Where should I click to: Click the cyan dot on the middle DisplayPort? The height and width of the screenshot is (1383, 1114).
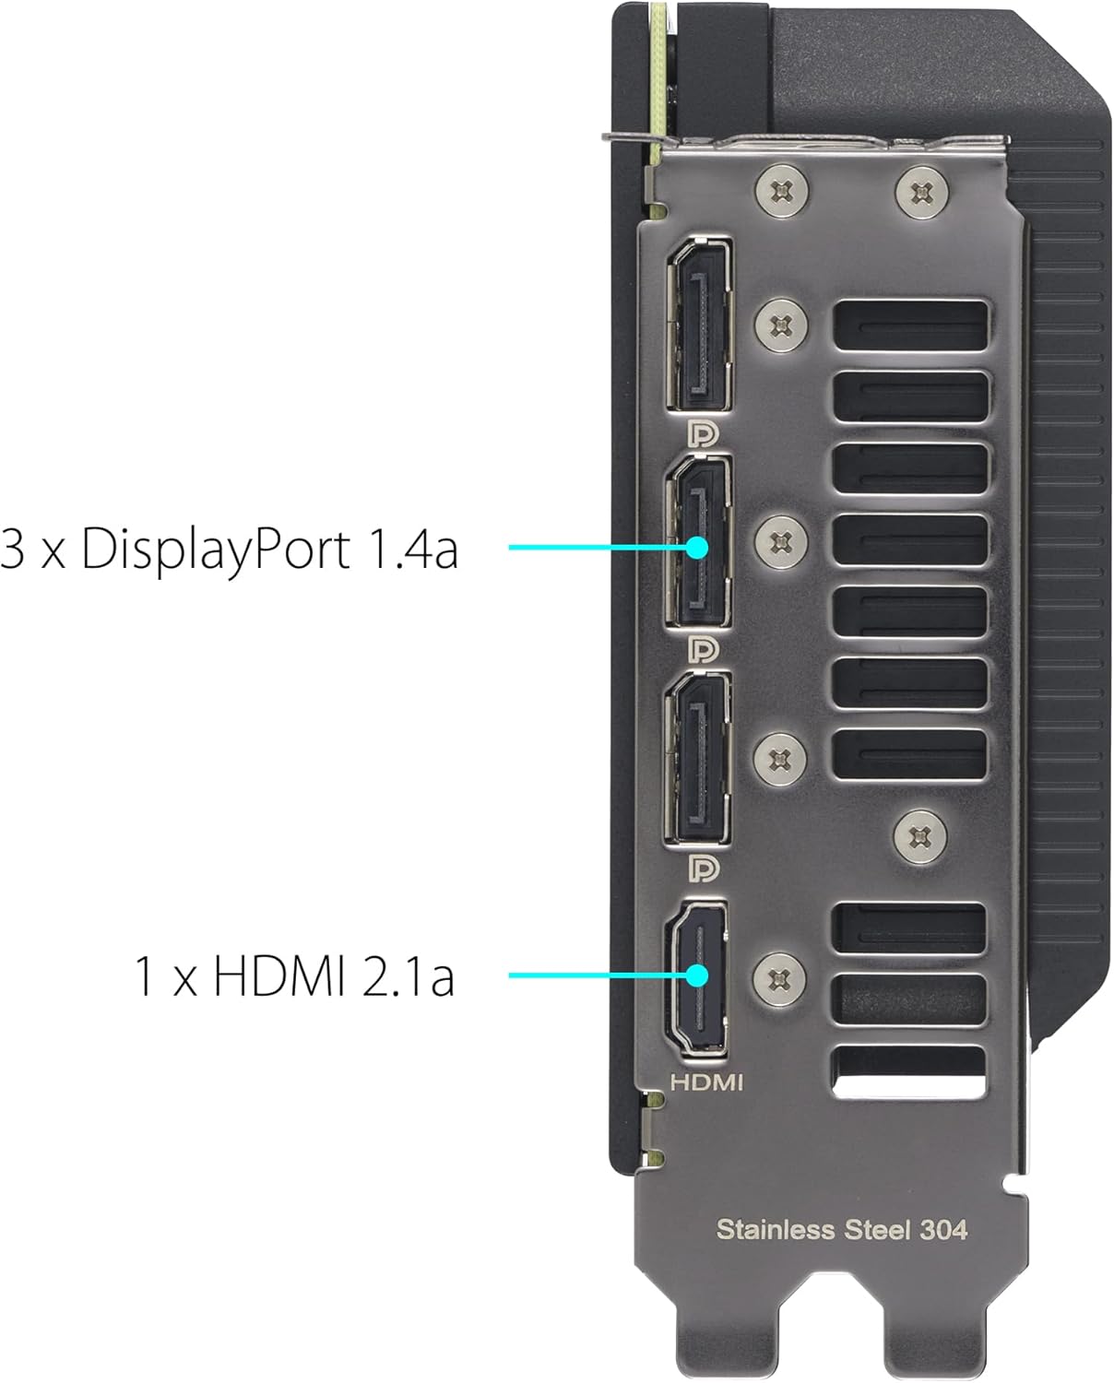[x=697, y=548]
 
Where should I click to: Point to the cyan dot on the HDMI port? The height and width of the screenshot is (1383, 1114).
[x=697, y=975]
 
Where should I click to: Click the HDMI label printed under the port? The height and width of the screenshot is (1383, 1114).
[x=706, y=1082]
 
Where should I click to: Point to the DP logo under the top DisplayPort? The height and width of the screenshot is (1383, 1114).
[x=704, y=433]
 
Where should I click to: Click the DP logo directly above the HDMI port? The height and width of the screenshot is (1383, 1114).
[x=704, y=869]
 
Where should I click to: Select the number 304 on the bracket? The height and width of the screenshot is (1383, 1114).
[x=943, y=1230]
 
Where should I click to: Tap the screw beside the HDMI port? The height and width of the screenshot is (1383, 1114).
[x=780, y=979]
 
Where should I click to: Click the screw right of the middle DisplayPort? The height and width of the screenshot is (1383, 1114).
[x=780, y=541]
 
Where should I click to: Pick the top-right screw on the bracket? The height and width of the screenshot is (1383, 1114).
[x=922, y=192]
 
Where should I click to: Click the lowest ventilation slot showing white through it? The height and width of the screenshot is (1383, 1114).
[x=909, y=1072]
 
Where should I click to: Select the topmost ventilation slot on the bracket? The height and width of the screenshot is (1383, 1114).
[x=910, y=325]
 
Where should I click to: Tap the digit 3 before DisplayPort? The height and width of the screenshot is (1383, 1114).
[x=13, y=549]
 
